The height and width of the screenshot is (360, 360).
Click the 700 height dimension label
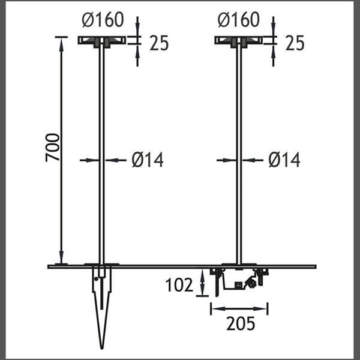(x=53, y=148)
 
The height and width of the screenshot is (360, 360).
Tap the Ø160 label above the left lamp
(x=103, y=20)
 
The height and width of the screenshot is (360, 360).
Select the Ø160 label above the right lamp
(x=239, y=20)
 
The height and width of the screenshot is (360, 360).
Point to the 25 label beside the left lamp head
(x=159, y=43)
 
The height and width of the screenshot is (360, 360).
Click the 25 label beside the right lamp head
(x=295, y=43)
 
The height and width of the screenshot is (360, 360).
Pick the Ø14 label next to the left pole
(x=148, y=160)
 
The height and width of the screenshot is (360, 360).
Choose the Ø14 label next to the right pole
(x=284, y=160)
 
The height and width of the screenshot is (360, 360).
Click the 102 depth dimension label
(x=179, y=285)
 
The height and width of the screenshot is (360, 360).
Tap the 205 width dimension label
(x=241, y=323)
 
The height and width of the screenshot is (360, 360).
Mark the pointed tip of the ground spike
(x=102, y=349)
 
